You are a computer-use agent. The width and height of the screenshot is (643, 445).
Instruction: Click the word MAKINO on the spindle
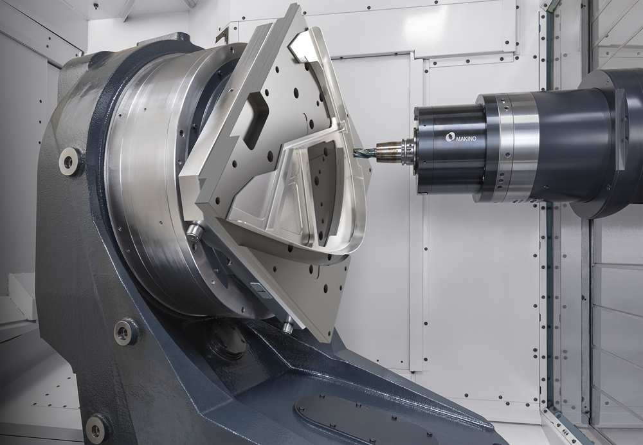[x=467, y=139]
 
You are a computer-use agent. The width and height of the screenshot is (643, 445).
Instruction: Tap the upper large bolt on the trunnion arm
[x=69, y=161]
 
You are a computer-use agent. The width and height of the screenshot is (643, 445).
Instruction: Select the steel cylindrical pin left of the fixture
[x=194, y=233]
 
